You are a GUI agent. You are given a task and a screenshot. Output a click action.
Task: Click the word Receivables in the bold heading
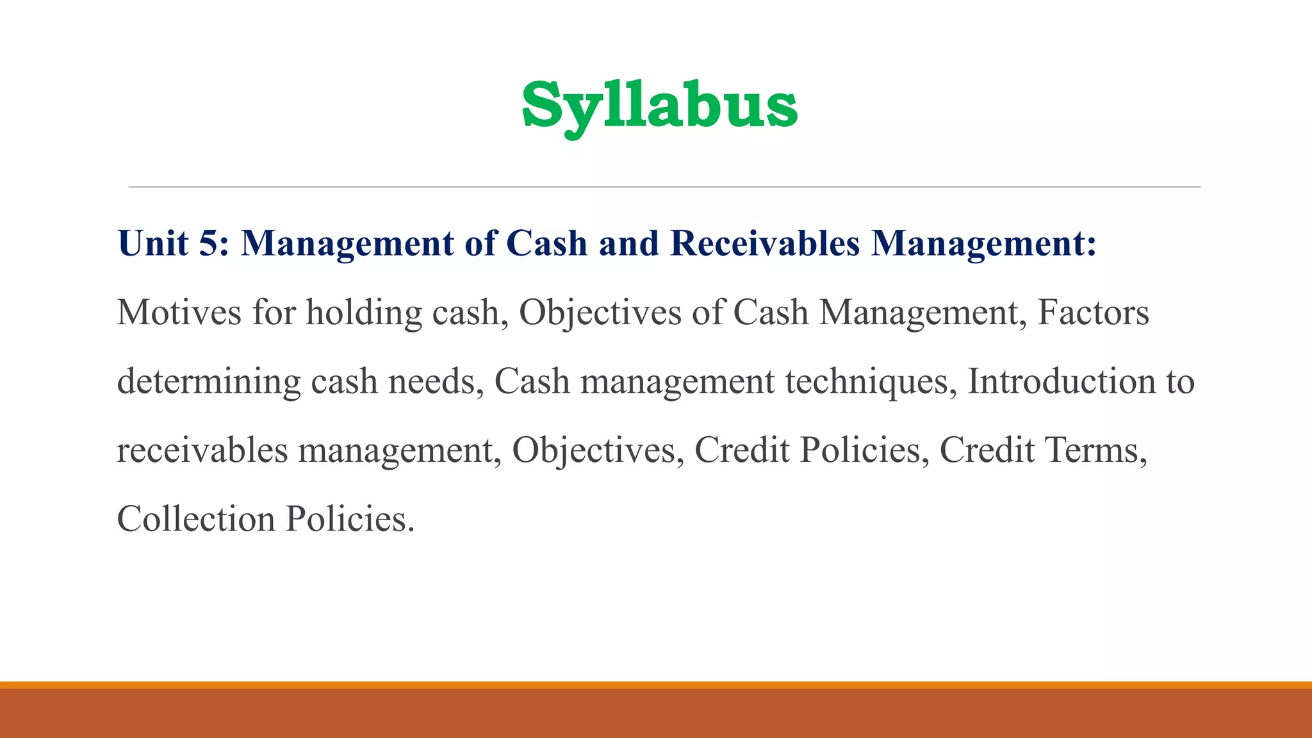click(x=765, y=244)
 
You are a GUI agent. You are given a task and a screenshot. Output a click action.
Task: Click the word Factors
click(x=1093, y=313)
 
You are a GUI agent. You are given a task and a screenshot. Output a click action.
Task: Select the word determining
click(x=209, y=382)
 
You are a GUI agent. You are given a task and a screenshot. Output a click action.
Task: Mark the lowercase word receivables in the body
click(x=202, y=450)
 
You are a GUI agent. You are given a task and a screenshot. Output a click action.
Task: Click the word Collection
click(x=196, y=519)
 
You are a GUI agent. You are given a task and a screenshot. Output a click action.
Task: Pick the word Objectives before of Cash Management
click(x=600, y=313)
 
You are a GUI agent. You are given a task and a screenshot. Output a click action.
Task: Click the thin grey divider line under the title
click(x=664, y=187)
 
